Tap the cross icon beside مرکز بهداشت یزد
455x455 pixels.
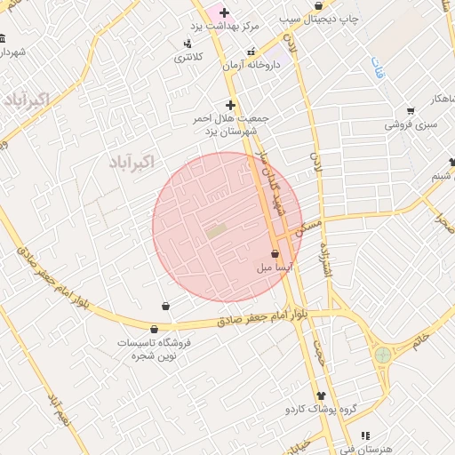(224, 12)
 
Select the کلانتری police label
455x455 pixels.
(188, 57)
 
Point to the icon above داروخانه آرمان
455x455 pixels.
(251, 51)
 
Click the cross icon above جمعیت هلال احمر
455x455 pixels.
(230, 104)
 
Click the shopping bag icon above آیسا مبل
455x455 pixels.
(275, 254)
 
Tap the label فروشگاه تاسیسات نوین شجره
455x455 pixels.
(156, 348)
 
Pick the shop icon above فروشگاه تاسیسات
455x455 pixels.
(165, 307)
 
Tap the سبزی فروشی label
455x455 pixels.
(411, 125)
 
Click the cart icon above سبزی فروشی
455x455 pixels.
(410, 111)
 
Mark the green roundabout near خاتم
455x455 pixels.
(383, 355)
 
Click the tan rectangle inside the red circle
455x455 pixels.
(216, 231)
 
